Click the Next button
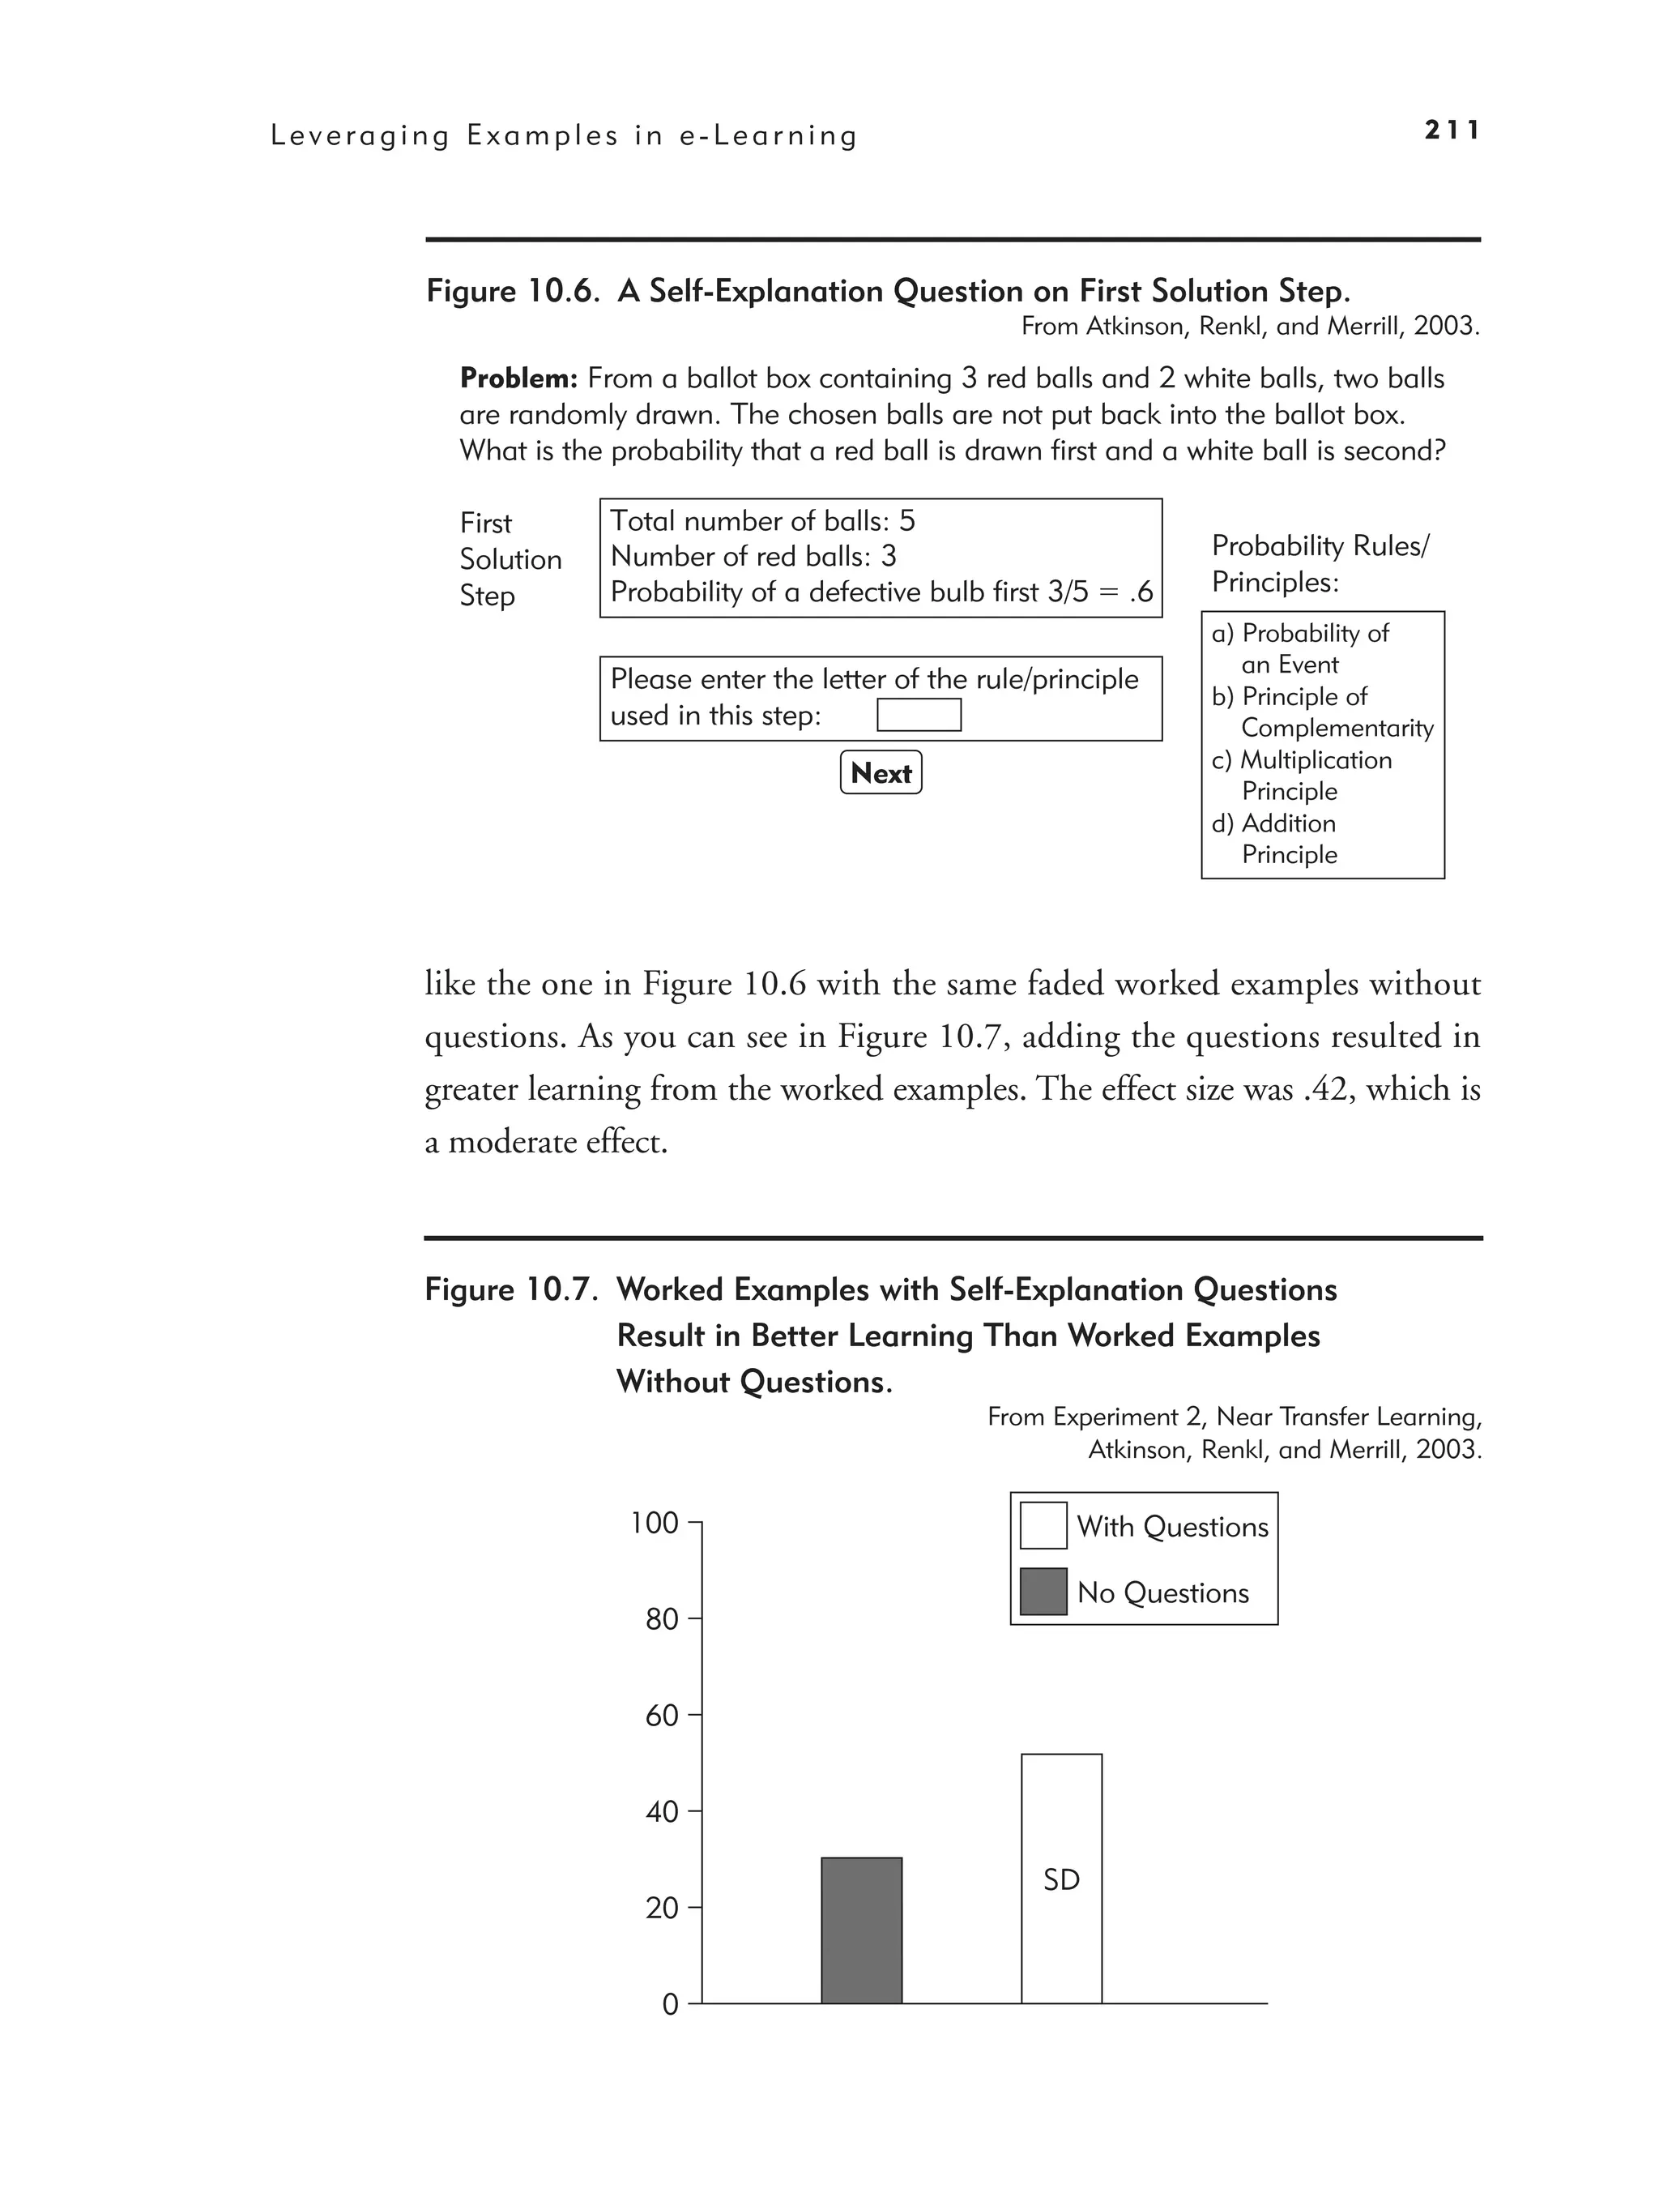[x=880, y=772]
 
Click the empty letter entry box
[x=919, y=715]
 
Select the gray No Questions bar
[x=861, y=1930]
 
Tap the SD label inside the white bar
[x=1061, y=1879]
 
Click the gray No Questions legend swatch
[x=1043, y=1591]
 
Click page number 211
[x=1452, y=130]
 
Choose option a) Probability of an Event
[x=1301, y=648]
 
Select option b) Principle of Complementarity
[x=1322, y=712]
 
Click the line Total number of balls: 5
[x=762, y=520]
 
